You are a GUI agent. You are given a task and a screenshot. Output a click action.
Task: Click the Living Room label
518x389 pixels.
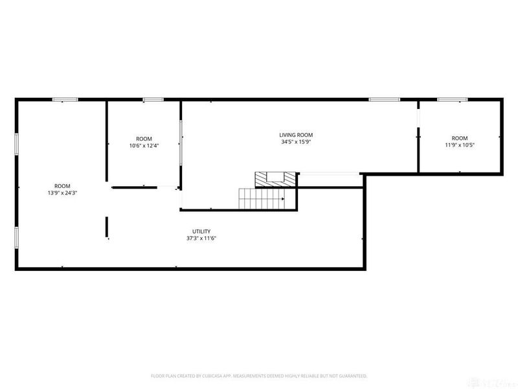(x=297, y=135)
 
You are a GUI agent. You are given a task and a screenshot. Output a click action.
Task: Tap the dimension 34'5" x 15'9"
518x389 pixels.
(x=297, y=143)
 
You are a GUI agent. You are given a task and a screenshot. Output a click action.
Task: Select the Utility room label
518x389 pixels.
(x=201, y=231)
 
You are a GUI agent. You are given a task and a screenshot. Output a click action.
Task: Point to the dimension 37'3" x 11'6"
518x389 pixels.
(x=201, y=239)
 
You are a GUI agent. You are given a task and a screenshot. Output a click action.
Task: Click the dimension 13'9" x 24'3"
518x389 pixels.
(x=63, y=193)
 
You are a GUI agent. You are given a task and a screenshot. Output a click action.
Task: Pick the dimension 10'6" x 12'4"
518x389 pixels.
(x=144, y=145)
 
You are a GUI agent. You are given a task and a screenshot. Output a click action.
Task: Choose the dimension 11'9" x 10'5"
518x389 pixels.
(x=460, y=145)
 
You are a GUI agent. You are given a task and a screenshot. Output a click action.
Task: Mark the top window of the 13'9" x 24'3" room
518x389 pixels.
(x=65, y=99)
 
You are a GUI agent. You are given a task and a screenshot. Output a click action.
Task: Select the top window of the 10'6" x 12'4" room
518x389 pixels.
(x=153, y=99)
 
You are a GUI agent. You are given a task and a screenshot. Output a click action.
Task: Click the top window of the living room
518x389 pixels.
(x=385, y=99)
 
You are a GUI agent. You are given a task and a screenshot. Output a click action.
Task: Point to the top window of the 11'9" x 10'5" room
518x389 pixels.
(x=452, y=99)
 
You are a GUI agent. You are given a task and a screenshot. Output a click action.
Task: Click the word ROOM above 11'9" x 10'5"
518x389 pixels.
(x=460, y=138)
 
